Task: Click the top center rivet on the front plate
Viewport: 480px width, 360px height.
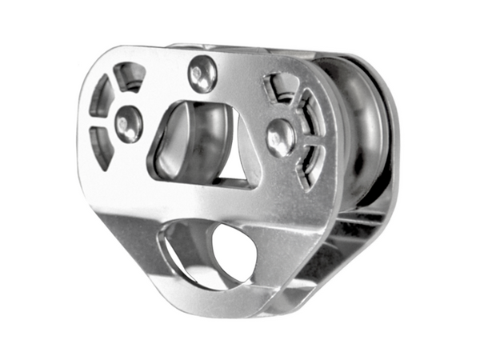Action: pos(202,74)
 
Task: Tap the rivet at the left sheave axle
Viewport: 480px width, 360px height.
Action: pos(128,124)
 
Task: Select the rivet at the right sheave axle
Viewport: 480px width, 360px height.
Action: pos(280,137)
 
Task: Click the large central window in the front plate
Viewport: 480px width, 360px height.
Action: pos(200,144)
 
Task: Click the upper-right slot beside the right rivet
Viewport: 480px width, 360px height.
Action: pos(307,107)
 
